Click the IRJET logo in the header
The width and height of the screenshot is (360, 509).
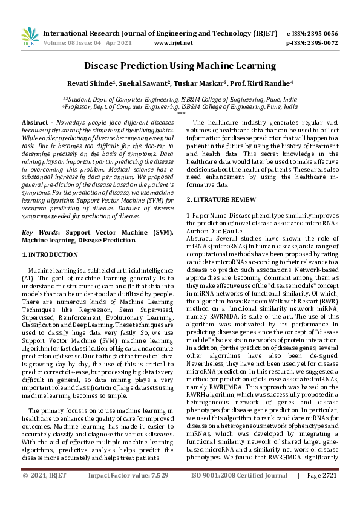[30, 37]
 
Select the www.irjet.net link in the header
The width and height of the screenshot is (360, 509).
[174, 43]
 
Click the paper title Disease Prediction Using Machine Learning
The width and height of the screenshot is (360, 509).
[180, 66]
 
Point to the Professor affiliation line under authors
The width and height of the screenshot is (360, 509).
[180, 106]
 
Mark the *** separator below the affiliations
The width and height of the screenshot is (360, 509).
[180, 114]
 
